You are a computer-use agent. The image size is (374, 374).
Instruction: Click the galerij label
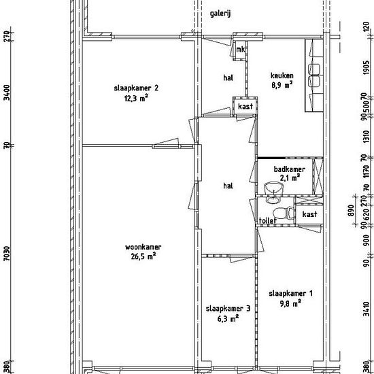click(x=220, y=14)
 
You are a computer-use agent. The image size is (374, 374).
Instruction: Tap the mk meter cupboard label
click(x=241, y=50)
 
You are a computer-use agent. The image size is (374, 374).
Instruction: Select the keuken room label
click(x=282, y=75)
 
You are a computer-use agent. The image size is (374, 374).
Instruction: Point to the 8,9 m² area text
click(x=282, y=85)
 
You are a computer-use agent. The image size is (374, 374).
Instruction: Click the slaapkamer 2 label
click(x=136, y=88)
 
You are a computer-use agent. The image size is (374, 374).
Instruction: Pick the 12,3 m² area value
click(x=136, y=98)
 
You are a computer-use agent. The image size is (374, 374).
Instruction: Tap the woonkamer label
click(x=143, y=247)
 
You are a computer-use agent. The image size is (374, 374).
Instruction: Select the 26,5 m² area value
click(x=143, y=256)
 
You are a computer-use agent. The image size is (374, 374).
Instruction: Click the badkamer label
click(x=289, y=169)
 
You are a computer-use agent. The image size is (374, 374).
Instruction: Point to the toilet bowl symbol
click(x=283, y=213)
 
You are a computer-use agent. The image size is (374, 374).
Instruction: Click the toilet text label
click(x=268, y=220)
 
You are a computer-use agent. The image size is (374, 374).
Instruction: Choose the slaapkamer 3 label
click(x=228, y=309)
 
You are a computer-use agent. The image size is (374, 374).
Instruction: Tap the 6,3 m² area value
click(x=228, y=318)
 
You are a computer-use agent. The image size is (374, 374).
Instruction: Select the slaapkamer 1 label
click(x=290, y=293)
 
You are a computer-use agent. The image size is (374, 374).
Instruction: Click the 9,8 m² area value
click(x=290, y=303)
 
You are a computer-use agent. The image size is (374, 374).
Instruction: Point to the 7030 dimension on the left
click(x=7, y=254)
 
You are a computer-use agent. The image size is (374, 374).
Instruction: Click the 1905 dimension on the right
click(x=367, y=67)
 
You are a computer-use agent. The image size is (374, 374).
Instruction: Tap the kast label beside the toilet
click(x=309, y=214)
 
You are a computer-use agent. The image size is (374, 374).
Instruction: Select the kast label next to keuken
click(x=245, y=106)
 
